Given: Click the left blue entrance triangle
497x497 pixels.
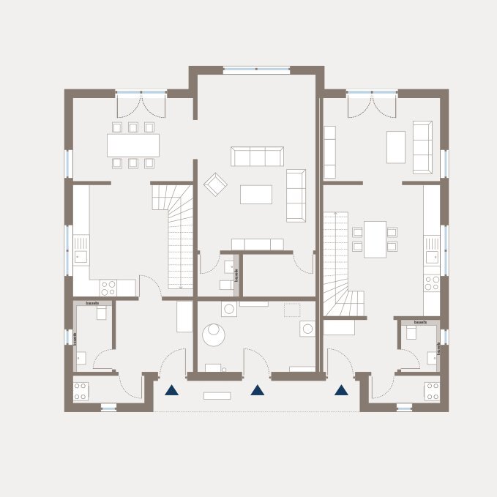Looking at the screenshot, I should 171,390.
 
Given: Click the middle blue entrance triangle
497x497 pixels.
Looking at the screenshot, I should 257,390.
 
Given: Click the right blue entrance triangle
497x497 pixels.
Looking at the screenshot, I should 341,390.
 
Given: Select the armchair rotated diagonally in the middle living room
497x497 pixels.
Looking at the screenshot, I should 215,184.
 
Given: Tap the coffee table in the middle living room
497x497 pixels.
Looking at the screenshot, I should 256,194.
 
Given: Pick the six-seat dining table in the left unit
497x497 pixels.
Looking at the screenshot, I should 133,145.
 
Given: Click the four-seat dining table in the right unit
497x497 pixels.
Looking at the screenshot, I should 375,239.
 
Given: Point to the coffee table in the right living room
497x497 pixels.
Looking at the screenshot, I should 395,146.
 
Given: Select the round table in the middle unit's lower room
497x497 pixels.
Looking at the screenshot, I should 214,335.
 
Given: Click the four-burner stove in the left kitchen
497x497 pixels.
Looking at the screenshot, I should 108,288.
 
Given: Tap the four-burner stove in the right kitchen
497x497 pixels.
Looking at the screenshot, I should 433,283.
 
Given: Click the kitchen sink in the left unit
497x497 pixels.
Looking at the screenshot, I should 81,256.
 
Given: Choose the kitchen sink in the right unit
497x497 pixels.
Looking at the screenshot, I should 433,256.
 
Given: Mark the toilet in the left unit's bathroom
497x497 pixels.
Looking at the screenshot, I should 102,313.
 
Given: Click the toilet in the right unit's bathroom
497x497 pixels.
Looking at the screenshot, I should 411,332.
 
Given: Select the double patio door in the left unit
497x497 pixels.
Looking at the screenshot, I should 141,104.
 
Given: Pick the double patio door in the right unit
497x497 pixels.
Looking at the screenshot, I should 372,104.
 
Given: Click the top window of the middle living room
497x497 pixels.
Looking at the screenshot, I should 256,70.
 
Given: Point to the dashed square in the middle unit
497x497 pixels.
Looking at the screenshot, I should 292,310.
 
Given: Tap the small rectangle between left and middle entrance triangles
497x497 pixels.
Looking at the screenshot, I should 217,396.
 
